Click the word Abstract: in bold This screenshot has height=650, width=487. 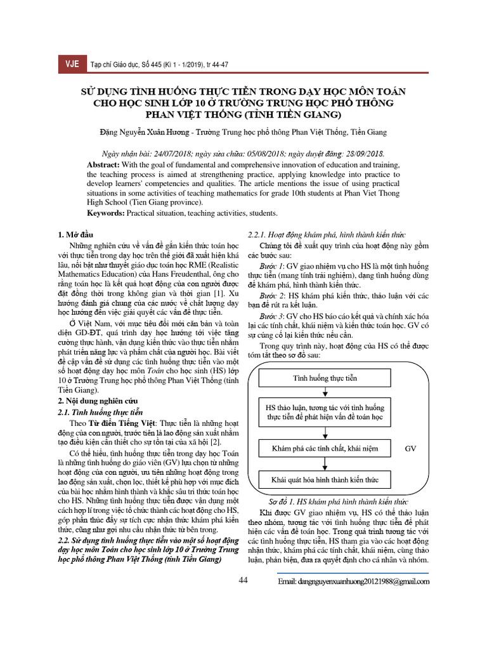(105, 164)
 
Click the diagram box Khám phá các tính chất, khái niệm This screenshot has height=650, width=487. (325, 448)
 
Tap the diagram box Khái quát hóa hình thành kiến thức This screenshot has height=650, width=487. (325, 480)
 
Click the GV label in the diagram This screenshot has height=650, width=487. (410, 448)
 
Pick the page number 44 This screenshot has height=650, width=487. (243, 580)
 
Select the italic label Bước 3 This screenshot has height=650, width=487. (273, 315)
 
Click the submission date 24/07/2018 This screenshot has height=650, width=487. (168, 153)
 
